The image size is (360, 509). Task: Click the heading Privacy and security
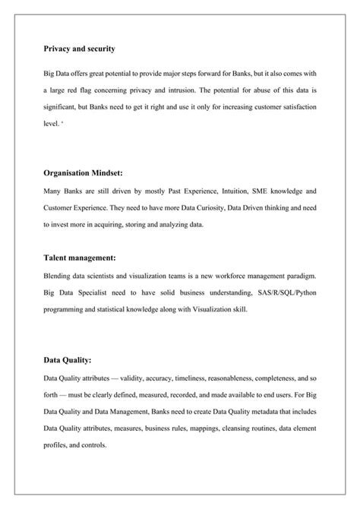79,49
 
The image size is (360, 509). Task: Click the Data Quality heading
68,360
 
